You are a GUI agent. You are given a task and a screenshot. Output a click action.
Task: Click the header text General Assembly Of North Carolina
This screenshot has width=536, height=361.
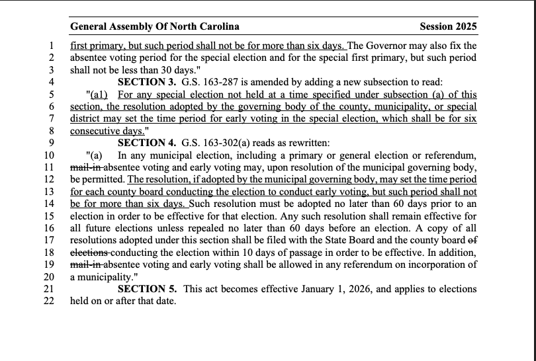[155, 27]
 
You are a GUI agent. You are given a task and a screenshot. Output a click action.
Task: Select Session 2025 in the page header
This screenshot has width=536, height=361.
[448, 27]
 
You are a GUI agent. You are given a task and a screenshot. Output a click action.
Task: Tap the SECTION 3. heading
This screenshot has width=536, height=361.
[147, 82]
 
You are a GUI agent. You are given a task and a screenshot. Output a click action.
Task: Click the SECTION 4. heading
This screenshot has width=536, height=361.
[147, 143]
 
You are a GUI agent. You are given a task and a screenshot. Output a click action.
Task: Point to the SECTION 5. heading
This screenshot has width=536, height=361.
[147, 289]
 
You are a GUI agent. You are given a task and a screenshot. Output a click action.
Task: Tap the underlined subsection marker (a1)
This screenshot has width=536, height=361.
[99, 95]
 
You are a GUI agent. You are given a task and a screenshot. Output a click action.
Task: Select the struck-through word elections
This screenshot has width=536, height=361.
[89, 253]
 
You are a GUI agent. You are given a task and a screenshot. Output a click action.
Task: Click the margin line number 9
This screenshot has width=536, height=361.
[51, 143]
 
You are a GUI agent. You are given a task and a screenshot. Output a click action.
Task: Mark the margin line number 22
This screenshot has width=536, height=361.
[48, 301]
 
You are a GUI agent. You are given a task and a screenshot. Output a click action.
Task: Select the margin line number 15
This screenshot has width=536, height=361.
[48, 216]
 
